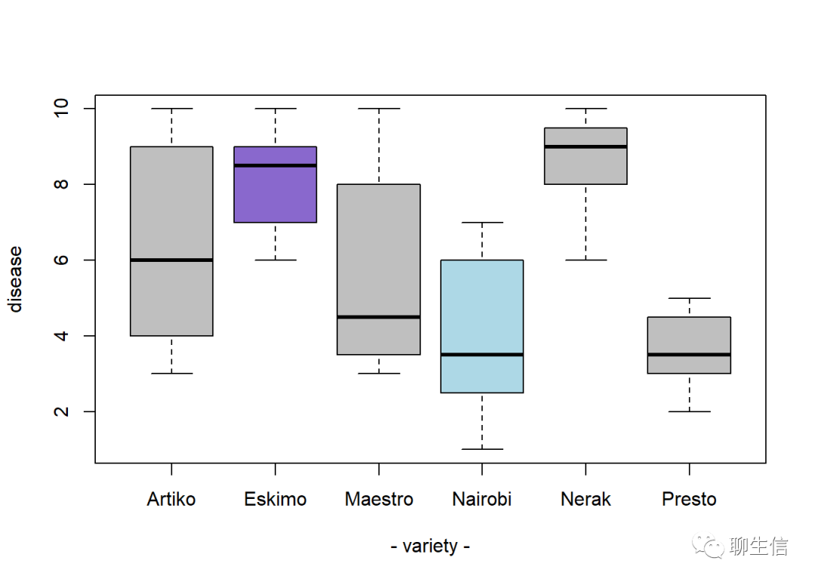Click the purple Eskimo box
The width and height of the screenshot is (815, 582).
click(x=275, y=193)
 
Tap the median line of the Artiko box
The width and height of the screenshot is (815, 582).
click(x=171, y=260)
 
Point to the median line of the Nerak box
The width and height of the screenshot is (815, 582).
click(x=586, y=146)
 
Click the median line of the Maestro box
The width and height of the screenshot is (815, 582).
click(x=379, y=317)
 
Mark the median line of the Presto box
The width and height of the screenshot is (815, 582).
click(x=689, y=354)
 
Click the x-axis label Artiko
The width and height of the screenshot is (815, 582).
click(x=171, y=499)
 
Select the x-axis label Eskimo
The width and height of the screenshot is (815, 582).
click(x=275, y=499)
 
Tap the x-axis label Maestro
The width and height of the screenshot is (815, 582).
click(x=379, y=499)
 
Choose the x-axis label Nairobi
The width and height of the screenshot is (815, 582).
click(x=482, y=499)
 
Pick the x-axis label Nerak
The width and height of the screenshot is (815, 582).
click(x=586, y=499)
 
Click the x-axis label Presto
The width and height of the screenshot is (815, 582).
click(x=689, y=499)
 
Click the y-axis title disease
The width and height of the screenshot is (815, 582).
click(x=16, y=279)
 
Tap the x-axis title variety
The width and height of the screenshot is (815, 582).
click(x=430, y=546)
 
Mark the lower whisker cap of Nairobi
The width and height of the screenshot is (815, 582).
click(x=482, y=449)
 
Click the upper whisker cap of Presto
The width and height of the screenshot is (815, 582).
click(x=689, y=298)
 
